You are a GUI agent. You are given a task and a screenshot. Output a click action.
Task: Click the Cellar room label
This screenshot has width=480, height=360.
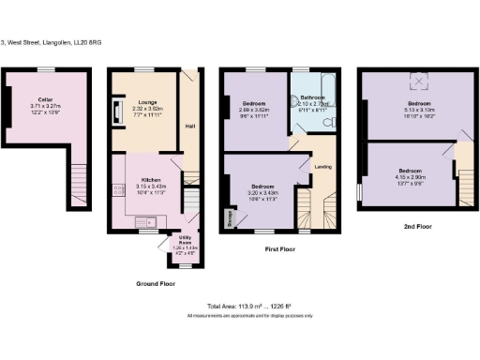pos(45,97)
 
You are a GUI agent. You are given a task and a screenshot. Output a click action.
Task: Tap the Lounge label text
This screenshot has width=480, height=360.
pos(147,101)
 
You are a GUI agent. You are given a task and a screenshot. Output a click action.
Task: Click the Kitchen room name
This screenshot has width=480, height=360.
pos(152,179)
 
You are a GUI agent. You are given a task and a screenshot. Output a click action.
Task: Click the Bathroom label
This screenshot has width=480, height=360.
pos(314,97)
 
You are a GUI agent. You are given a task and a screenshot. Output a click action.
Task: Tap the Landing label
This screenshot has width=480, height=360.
pos(320,166)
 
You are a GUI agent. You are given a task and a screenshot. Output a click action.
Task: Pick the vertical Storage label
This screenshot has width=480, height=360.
pos(230,217)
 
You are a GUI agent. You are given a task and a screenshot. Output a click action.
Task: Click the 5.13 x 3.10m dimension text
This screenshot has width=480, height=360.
pos(419,109)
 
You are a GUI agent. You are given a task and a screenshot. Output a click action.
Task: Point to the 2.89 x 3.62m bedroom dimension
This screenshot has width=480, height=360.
pos(255,110)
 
